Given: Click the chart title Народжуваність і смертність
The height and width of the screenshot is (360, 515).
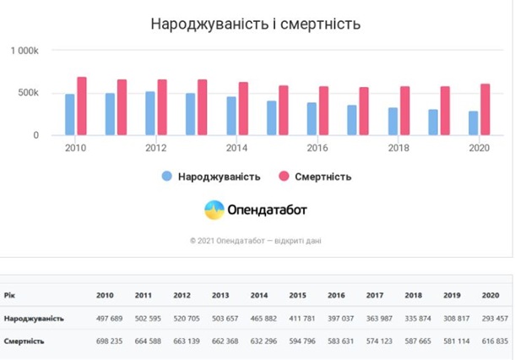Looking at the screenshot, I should [x=255, y=24].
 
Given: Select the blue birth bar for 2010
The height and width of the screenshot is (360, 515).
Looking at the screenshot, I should [x=70, y=114].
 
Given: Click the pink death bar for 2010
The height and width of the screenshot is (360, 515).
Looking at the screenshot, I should [x=82, y=106].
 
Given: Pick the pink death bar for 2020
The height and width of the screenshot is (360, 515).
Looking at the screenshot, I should [x=485, y=109].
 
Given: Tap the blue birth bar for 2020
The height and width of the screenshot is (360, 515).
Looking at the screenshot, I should [x=474, y=123].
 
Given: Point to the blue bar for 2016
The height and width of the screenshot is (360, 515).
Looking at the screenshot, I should [x=312, y=118].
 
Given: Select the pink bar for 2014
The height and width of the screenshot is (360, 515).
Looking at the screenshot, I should [x=243, y=108].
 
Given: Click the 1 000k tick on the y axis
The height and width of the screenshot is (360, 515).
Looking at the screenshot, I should [x=25, y=51].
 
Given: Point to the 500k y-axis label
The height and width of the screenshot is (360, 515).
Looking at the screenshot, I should [x=28, y=93].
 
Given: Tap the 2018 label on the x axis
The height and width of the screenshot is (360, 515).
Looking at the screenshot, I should [x=398, y=148].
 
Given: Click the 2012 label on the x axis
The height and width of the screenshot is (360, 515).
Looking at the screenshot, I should [x=156, y=148].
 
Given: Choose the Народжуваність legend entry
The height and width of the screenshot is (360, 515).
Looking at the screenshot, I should [x=211, y=177].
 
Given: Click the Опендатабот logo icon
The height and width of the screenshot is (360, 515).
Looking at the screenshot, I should [x=214, y=209].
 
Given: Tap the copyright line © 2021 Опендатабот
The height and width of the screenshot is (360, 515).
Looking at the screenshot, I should [x=255, y=241].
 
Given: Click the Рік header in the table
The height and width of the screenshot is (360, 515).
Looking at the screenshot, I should [x=9, y=296].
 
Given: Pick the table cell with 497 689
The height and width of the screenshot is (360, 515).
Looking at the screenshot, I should [x=110, y=319].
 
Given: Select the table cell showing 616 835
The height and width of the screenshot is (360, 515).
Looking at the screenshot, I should [x=495, y=341].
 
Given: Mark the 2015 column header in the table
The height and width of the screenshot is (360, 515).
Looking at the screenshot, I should [x=297, y=296].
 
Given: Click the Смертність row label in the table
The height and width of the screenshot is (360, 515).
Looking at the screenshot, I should [x=25, y=341].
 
